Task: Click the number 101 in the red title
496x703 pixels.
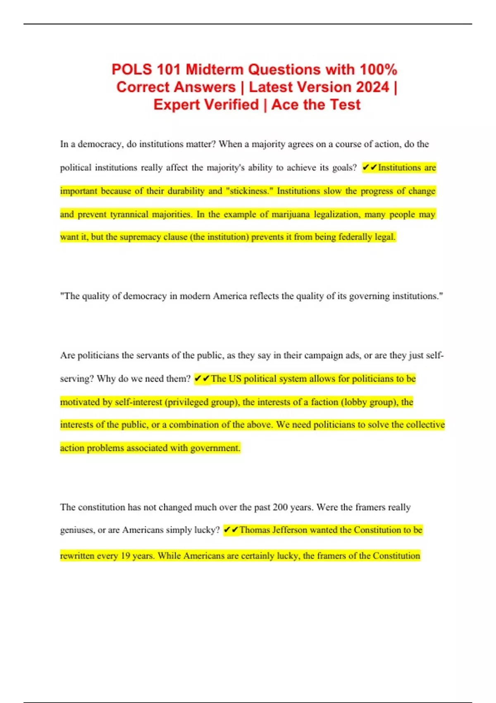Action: click(169, 69)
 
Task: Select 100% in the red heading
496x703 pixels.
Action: click(378, 69)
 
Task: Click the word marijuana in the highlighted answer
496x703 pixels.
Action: click(291, 214)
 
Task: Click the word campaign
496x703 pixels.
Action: click(315, 355)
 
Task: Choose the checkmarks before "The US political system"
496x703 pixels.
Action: click(202, 379)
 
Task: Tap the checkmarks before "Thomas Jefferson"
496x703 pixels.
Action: click(231, 530)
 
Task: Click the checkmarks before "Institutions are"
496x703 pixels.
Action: click(370, 168)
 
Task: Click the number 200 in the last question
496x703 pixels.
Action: click(280, 507)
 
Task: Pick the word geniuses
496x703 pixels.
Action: click(77, 530)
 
